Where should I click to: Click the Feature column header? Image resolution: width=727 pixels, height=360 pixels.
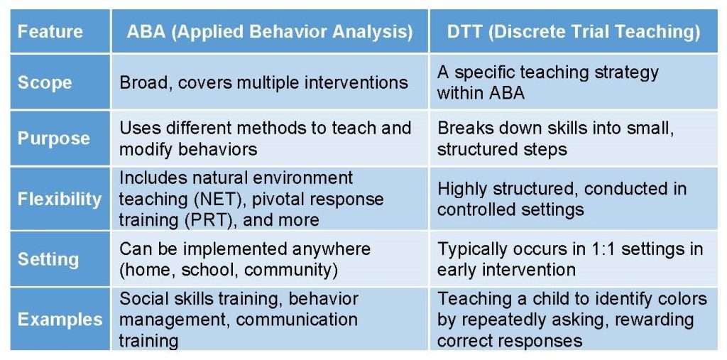click(50, 31)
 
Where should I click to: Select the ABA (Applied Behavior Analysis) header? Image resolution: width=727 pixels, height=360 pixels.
click(269, 31)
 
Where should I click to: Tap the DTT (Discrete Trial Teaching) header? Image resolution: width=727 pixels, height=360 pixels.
click(574, 31)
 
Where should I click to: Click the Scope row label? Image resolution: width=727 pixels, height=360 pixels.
click(45, 82)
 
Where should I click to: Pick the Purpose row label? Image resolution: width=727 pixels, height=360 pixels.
click(54, 138)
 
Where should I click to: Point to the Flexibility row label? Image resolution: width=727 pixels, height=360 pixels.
click(60, 199)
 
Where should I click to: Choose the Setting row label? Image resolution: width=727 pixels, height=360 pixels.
click(48, 259)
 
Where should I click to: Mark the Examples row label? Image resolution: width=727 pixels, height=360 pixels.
click(60, 320)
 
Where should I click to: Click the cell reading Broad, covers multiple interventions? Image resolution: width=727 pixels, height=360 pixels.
click(263, 82)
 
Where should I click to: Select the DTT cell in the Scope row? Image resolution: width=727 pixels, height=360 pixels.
click(547, 82)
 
